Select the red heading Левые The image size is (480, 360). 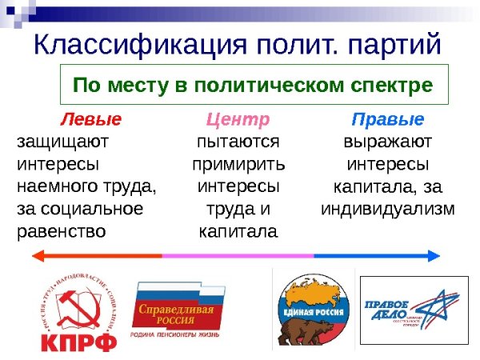91,120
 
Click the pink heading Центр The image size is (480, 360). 238,120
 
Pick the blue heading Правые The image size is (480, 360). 387,120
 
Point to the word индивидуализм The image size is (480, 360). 387,210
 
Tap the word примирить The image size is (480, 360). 238,165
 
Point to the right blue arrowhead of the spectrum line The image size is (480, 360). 434,256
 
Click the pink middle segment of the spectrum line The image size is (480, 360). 238,256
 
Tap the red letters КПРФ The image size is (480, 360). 78,343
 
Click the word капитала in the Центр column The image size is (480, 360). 238,232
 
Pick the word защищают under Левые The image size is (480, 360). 62,142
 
